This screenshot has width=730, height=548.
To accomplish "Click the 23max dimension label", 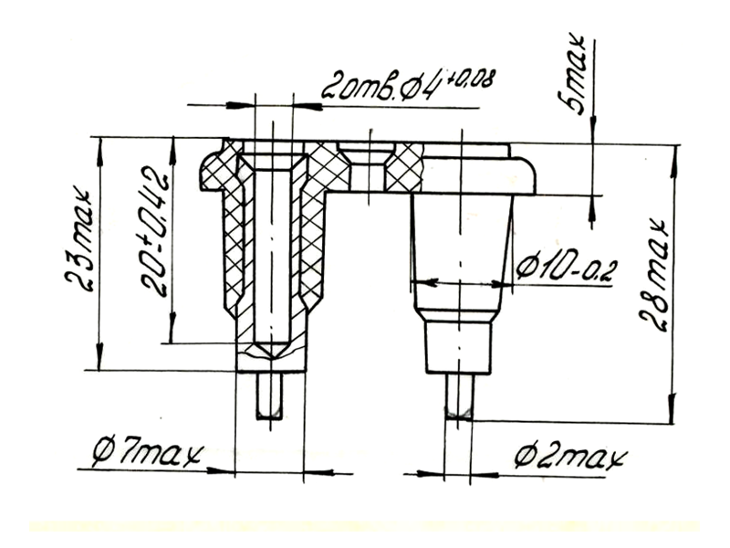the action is (79, 239).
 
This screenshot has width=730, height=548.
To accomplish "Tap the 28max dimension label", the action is (653, 274).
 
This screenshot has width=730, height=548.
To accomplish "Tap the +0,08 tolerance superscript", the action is (470, 79).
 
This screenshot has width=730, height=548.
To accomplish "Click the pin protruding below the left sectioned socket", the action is (269, 395).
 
